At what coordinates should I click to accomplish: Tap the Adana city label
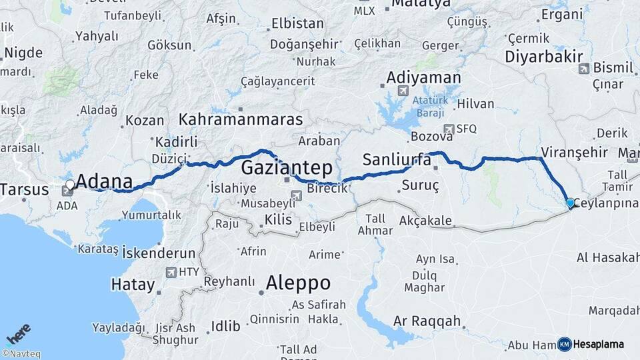click(x=104, y=181)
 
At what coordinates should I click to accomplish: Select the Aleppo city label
click(x=298, y=283)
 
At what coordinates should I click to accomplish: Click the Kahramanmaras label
click(x=241, y=119)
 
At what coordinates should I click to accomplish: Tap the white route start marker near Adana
click(x=70, y=184)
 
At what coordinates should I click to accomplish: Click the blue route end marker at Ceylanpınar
click(x=569, y=203)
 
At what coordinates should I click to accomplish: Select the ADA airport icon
click(x=67, y=191)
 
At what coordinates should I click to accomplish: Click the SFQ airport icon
click(x=449, y=129)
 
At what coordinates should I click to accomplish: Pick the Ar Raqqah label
click(x=427, y=321)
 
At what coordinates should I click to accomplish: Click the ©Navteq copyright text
click(x=21, y=354)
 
